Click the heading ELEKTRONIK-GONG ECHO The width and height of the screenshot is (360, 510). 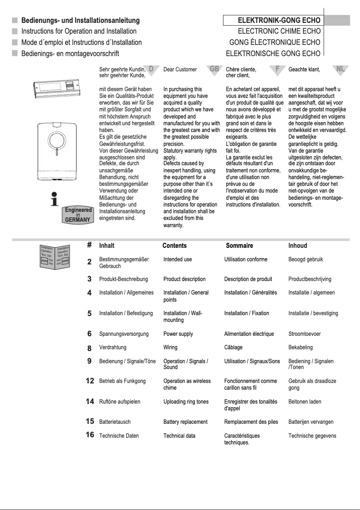click(x=279, y=21)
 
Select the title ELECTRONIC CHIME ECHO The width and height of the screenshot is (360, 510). click(x=279, y=31)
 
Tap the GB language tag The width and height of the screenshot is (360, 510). click(x=214, y=69)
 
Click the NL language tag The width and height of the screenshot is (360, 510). click(x=341, y=69)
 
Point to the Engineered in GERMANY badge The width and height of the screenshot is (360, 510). click(x=78, y=215)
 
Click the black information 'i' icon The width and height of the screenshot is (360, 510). click(x=54, y=198)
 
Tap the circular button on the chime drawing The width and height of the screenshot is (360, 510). click(x=57, y=140)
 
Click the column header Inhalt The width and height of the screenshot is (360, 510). click(x=107, y=246)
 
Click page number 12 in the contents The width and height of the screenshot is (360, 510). click(x=90, y=381)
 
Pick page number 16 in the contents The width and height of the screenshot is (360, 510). click(x=90, y=435)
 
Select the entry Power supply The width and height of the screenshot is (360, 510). click(x=179, y=334)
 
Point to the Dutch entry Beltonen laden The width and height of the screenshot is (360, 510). click(x=305, y=402)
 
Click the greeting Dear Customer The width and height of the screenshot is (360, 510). click(x=180, y=70)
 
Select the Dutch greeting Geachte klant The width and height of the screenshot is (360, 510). click(x=304, y=70)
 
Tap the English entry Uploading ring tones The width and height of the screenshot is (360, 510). click(x=186, y=402)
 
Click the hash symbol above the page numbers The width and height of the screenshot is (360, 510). click(x=89, y=245)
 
